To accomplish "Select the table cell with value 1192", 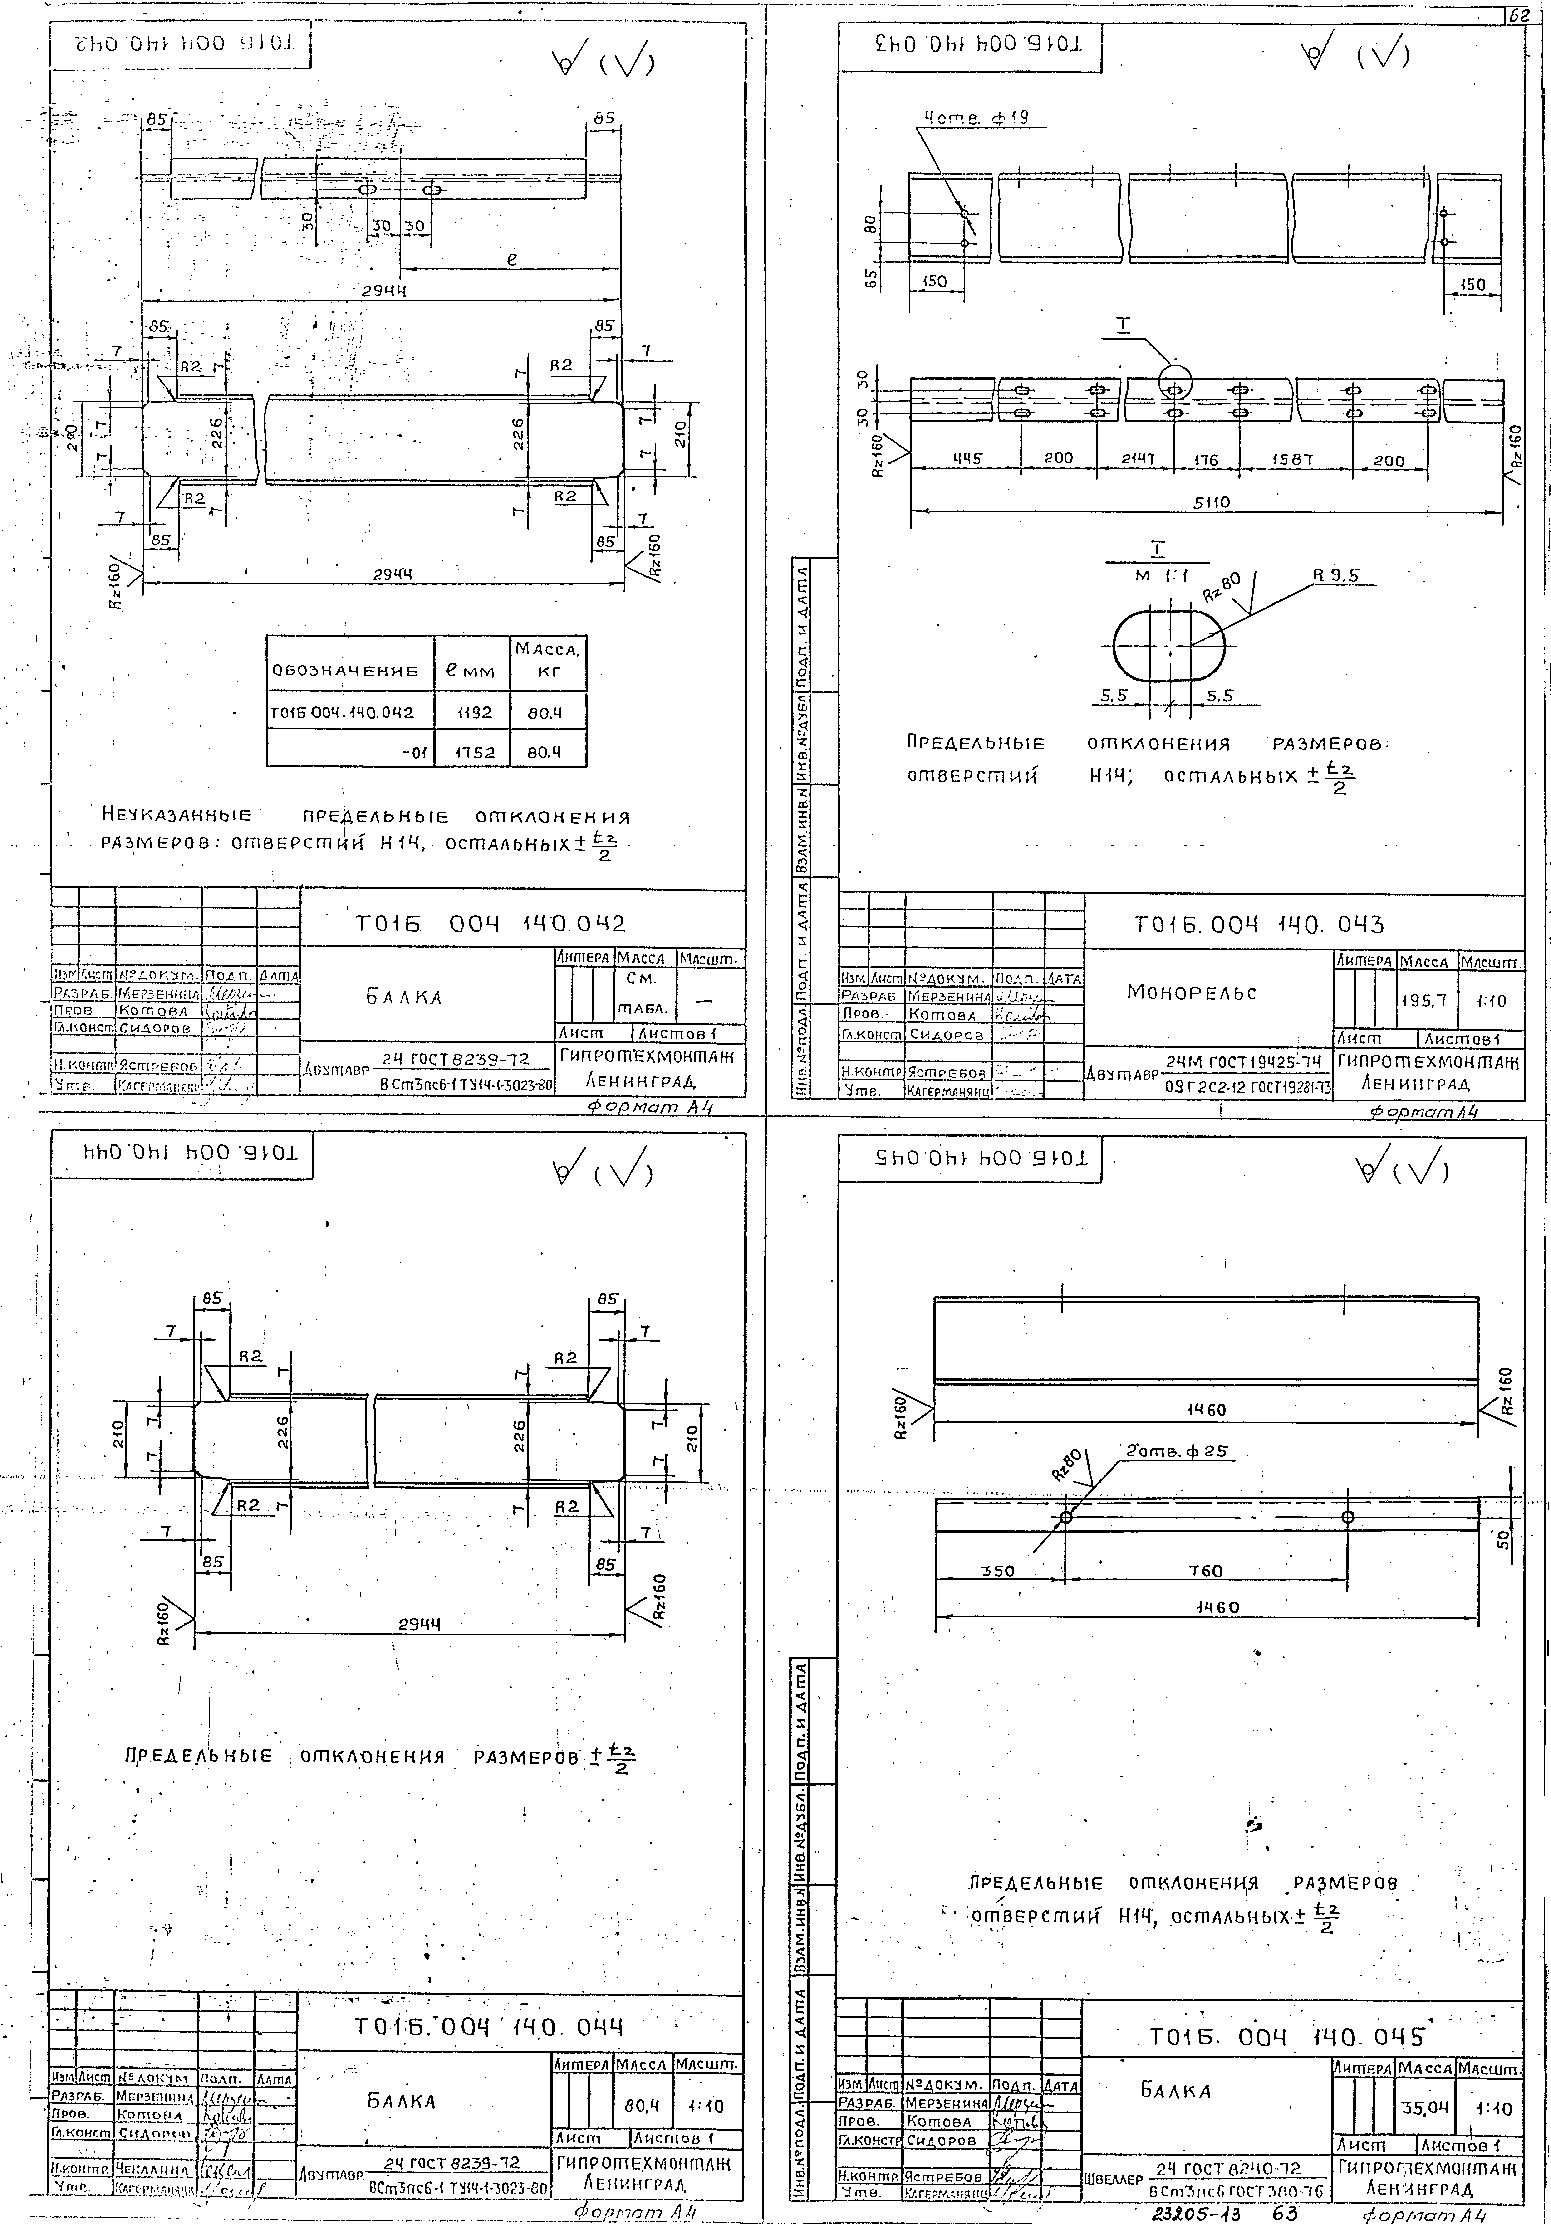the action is (472, 712).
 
